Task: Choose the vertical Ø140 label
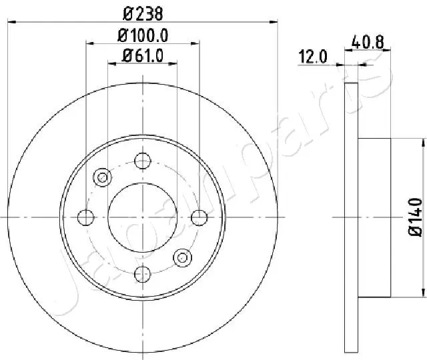click(414, 217)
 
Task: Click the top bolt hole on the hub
click(142, 161)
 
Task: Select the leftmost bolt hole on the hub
click(85, 217)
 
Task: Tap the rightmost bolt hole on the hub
click(199, 217)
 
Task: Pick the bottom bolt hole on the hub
click(142, 273)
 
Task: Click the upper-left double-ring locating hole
click(102, 177)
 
